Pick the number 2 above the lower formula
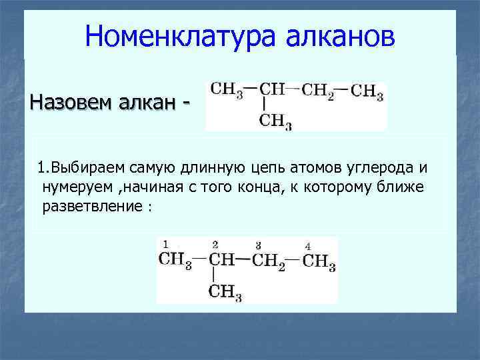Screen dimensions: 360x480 click(215, 244)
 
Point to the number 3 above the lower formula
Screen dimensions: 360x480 click(258, 245)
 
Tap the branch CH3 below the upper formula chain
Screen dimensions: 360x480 click(275, 121)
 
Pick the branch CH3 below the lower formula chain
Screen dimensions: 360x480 click(225, 292)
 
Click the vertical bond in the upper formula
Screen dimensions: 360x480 click(265, 105)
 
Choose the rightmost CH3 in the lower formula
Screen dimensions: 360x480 click(319, 261)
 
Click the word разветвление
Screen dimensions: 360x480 click(91, 205)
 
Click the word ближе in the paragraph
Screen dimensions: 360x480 click(403, 185)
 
